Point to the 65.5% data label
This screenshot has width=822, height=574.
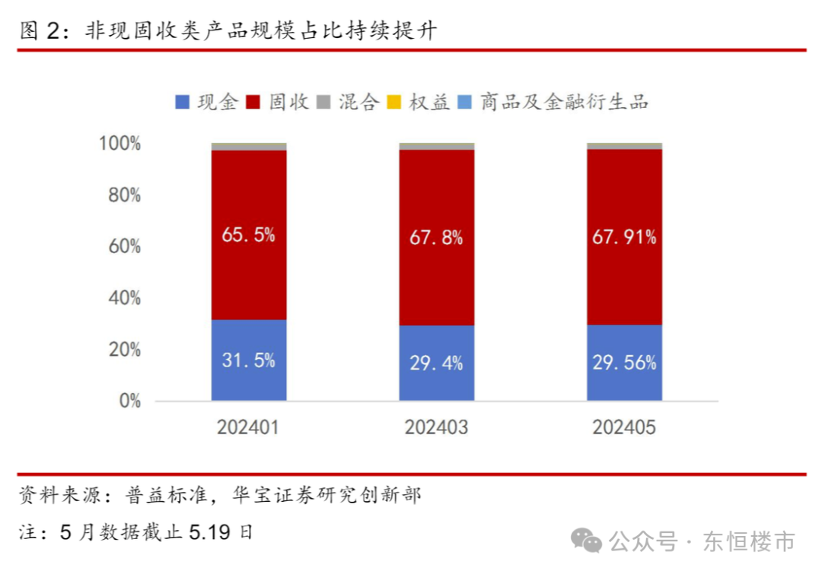[249, 235]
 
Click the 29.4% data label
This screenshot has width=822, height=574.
[437, 363]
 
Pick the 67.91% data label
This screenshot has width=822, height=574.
[624, 237]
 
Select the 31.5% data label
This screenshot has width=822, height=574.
[249, 360]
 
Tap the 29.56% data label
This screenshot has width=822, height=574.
[624, 363]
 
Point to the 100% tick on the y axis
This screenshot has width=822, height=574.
[120, 144]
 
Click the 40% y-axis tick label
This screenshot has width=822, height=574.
[124, 298]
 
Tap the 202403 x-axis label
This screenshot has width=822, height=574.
[437, 428]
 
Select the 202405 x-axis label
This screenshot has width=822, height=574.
[624, 428]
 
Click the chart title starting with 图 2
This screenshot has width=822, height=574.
[228, 30]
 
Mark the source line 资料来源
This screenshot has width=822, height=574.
[221, 496]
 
